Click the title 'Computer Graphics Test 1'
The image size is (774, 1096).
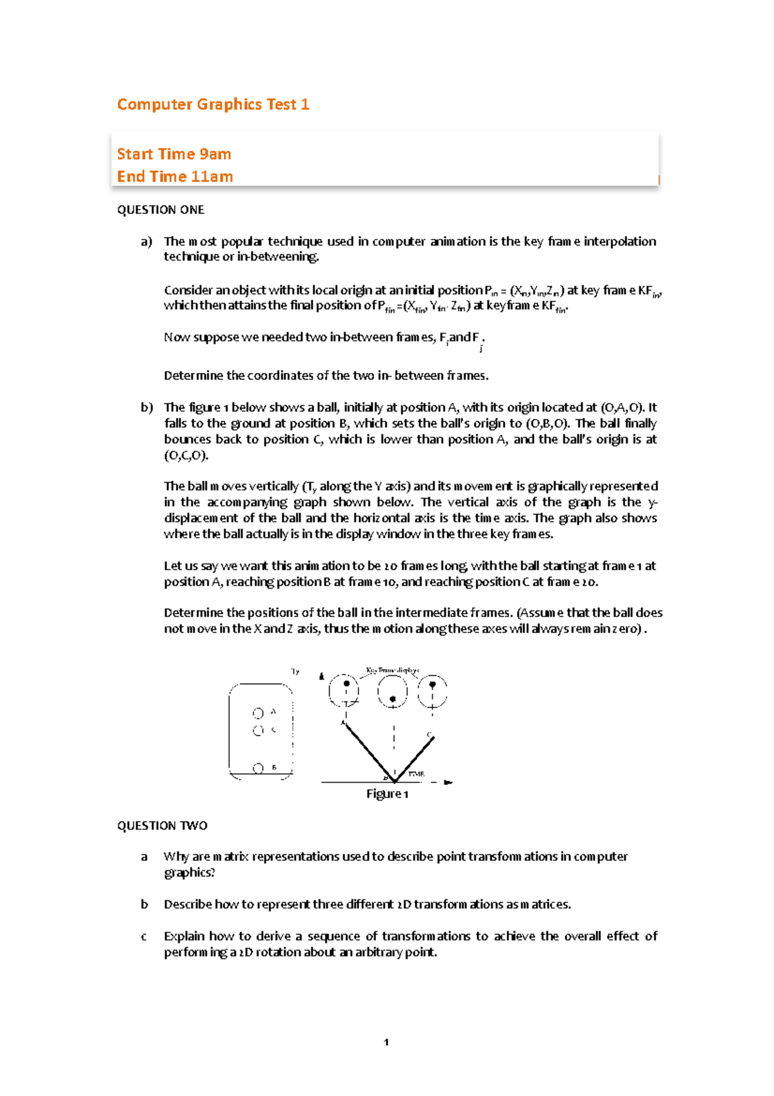pos(213,105)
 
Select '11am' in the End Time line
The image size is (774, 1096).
pos(212,177)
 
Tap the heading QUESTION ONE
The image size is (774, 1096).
pos(161,210)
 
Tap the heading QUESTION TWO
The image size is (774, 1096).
pos(162,826)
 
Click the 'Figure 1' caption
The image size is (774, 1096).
pos(387,794)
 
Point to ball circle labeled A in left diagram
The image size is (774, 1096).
pos(258,713)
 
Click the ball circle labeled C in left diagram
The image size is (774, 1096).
pos(258,731)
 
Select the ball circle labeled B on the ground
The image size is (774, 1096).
pos(258,768)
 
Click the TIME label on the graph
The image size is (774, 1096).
pos(415,774)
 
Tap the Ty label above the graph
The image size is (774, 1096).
pos(295,671)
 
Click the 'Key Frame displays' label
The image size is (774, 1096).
pos(392,671)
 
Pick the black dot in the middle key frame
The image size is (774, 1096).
pos(392,699)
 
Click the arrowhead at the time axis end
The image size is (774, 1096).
pos(448,782)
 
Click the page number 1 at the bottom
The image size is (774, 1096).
pos(386,1042)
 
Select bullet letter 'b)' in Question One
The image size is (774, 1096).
pos(146,407)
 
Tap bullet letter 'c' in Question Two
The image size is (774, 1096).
pos(144,937)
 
